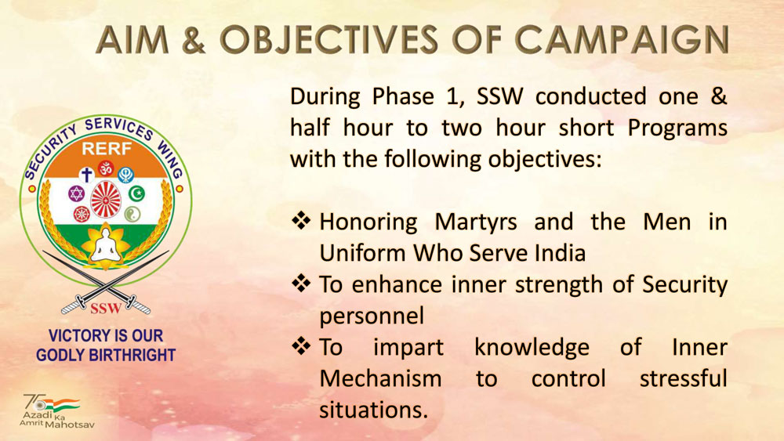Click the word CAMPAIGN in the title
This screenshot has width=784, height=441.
tap(622, 39)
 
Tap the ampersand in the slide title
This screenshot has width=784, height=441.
tap(194, 39)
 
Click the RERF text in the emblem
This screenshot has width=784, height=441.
tap(107, 148)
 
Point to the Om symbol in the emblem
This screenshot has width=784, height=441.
tap(106, 168)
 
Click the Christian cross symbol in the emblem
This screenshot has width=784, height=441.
tap(87, 175)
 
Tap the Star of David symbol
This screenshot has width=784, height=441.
tap(77, 193)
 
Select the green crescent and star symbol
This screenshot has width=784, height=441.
tap(136, 193)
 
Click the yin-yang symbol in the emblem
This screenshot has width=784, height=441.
tap(132, 215)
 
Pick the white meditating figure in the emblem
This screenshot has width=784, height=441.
tap(106, 244)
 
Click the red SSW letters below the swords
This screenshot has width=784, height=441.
tap(106, 308)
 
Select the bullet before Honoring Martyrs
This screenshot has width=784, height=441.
tap(301, 220)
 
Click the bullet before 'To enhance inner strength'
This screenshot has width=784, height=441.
tap(301, 284)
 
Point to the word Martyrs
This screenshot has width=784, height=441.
tap(476, 222)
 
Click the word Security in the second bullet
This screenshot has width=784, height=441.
tap(684, 285)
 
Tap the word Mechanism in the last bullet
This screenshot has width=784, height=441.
tap(380, 378)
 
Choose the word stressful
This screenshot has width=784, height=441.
tap(684, 378)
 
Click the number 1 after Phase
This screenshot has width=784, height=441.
tap(452, 96)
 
